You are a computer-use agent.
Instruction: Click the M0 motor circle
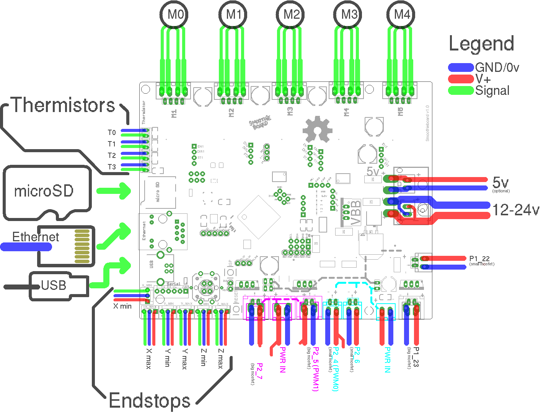(x=175, y=15)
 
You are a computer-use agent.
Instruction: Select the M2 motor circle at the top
(x=292, y=15)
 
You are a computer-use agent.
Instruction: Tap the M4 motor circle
(x=402, y=15)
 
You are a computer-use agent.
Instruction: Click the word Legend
(x=481, y=44)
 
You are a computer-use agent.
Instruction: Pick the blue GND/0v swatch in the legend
(x=461, y=68)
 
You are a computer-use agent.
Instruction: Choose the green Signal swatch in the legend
(x=461, y=91)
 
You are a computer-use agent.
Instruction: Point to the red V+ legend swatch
(x=461, y=79)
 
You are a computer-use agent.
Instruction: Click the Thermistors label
(x=64, y=105)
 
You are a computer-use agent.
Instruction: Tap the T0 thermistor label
(x=111, y=133)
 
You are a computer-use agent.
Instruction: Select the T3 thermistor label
(x=111, y=167)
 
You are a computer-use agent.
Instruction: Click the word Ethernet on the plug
(x=36, y=237)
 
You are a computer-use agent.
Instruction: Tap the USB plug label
(x=54, y=285)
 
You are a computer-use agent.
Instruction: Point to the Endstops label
(x=150, y=401)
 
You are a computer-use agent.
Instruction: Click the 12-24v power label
(x=515, y=210)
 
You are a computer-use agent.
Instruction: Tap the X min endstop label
(x=122, y=306)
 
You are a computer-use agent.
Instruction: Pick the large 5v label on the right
(x=500, y=182)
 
